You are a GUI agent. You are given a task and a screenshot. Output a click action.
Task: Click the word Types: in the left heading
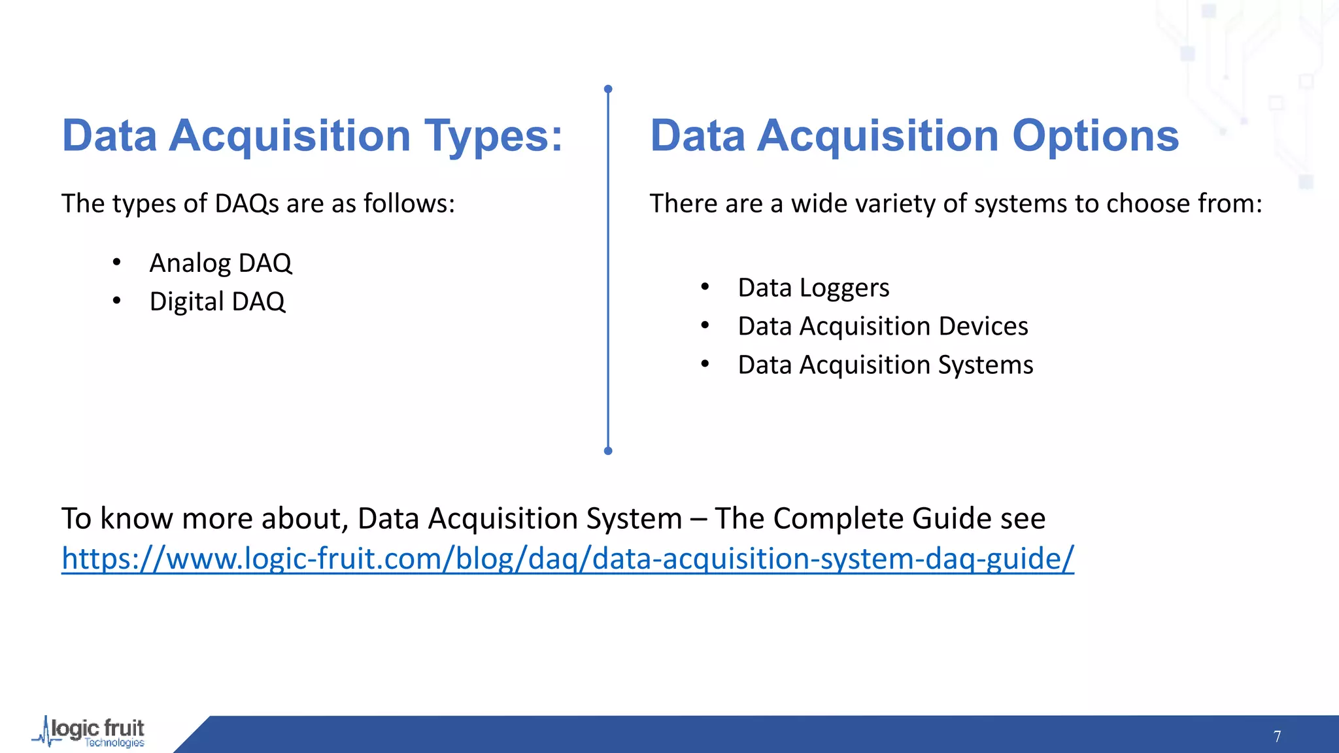[493, 136]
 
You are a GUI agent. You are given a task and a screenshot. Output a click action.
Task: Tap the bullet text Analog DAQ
[220, 263]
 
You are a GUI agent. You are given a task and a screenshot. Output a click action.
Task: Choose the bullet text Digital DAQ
[217, 302]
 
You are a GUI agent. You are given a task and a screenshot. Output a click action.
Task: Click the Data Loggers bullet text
[813, 288]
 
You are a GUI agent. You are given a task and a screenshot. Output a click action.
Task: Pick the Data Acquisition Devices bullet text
[883, 326]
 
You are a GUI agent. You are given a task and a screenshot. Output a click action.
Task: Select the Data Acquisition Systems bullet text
[885, 365]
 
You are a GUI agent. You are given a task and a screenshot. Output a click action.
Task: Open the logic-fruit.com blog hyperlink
[568, 559]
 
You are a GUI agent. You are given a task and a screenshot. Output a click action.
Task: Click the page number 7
[1277, 737]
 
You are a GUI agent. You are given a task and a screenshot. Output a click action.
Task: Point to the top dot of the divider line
[608, 89]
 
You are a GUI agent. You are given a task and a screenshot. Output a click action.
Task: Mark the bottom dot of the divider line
[608, 450]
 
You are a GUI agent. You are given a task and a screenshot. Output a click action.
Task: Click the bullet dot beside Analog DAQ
[116, 263]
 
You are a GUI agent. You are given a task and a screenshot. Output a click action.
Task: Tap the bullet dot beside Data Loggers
[705, 287]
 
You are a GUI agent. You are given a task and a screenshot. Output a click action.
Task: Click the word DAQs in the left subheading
[246, 204]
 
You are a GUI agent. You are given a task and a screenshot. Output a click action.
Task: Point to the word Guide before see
[951, 519]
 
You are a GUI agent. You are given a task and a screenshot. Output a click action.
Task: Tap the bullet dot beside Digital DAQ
[116, 301]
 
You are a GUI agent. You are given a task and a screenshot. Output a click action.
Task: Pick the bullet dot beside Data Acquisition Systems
[705, 364]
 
